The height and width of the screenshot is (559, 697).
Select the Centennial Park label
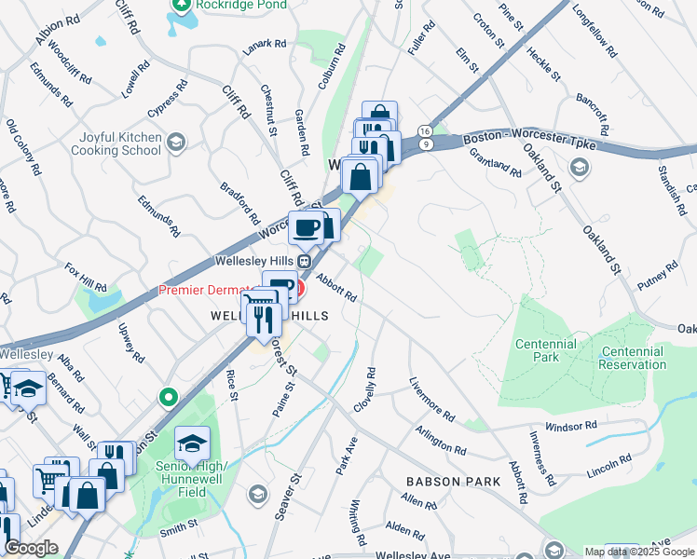click(546, 351)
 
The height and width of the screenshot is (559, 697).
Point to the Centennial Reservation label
click(633, 358)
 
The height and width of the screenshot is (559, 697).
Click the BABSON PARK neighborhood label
click(453, 482)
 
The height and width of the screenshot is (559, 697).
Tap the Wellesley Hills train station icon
click(292, 261)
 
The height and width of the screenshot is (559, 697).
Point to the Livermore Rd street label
click(431, 399)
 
